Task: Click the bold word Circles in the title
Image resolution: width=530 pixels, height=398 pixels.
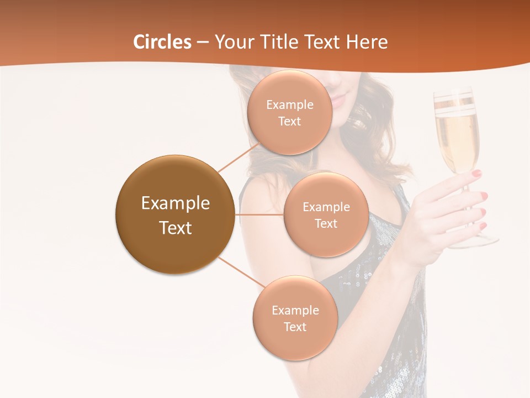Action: (162, 42)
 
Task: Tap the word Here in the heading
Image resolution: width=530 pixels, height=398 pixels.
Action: (367, 42)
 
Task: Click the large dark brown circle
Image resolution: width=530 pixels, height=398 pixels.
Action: (175, 214)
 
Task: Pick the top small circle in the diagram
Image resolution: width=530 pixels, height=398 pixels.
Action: (290, 112)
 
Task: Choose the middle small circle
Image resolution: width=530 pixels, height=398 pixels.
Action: (326, 214)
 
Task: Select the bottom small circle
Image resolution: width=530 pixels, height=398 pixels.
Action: (295, 318)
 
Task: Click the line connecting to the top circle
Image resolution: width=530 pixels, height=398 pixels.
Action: (239, 157)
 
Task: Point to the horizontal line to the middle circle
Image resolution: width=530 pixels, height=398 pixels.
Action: (259, 214)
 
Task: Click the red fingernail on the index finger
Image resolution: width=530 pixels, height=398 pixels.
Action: (476, 174)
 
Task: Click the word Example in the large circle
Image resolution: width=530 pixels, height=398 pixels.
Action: (175, 203)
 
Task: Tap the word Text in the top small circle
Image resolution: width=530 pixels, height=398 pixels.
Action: (290, 121)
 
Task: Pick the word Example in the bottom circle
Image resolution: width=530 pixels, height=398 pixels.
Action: (295, 310)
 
